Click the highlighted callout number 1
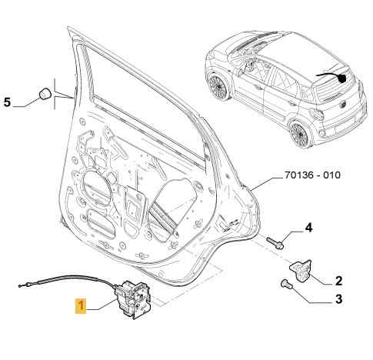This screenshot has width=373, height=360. (81, 306)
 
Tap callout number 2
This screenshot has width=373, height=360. (338, 281)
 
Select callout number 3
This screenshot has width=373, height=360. (338, 299)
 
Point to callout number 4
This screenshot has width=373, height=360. (309, 228)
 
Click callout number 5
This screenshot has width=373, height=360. (7, 102)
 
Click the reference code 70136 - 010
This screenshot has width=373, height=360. (312, 175)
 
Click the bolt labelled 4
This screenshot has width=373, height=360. (275, 242)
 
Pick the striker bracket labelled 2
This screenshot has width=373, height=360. (301, 271)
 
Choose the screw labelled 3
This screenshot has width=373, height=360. (285, 283)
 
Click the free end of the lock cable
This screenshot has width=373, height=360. (20, 285)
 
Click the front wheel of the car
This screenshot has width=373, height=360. (218, 85)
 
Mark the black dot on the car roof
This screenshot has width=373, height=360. (341, 78)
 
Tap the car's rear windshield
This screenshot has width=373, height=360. (333, 83)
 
